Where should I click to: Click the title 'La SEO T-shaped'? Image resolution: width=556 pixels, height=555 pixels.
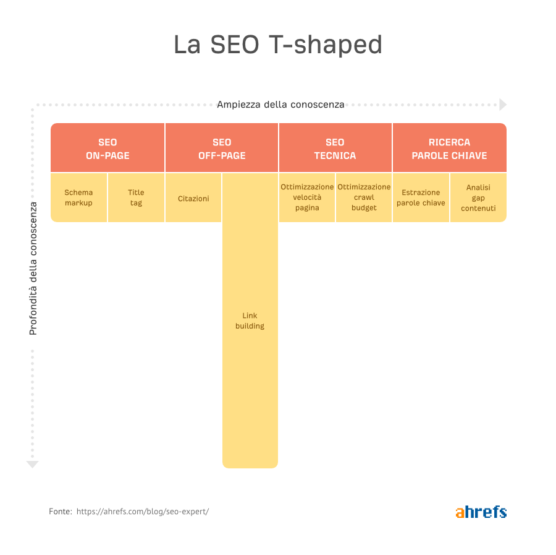pos(278,45)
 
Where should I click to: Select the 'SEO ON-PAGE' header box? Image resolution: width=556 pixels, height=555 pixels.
pos(107,148)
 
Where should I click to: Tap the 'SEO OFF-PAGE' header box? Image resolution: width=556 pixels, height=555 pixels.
pos(222,148)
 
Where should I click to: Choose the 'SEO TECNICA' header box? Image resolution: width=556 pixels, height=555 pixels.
pos(335,148)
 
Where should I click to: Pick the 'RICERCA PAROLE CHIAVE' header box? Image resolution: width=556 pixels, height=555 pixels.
pos(450,148)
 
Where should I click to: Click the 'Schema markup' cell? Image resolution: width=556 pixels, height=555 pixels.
pos(78,197)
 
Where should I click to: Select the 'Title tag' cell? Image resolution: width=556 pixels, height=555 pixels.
pos(136,197)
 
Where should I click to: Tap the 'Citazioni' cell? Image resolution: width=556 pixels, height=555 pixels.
pos(193,197)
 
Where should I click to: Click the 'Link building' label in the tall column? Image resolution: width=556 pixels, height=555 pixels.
pos(250,321)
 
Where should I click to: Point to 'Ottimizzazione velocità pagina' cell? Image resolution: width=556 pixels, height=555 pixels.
pos(307,197)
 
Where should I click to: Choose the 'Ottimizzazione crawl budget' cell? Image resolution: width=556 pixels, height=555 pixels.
pos(364,197)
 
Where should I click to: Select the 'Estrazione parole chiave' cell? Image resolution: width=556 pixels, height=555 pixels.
pos(421,197)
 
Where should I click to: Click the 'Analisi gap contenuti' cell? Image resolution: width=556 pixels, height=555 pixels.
pos(478,197)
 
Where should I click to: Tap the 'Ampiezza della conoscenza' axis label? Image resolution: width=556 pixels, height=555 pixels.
pos(280,105)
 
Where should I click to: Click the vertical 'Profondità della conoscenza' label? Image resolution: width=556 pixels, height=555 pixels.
pos(33,269)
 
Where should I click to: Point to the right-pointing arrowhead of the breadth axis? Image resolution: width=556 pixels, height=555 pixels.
pos(503,105)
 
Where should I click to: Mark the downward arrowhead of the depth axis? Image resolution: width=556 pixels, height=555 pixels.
pos(32,465)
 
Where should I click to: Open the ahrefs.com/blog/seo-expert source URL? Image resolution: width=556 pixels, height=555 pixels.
pos(143,512)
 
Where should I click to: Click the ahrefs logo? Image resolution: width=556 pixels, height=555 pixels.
pos(481,512)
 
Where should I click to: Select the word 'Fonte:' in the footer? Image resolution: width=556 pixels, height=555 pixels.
pos(61,512)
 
